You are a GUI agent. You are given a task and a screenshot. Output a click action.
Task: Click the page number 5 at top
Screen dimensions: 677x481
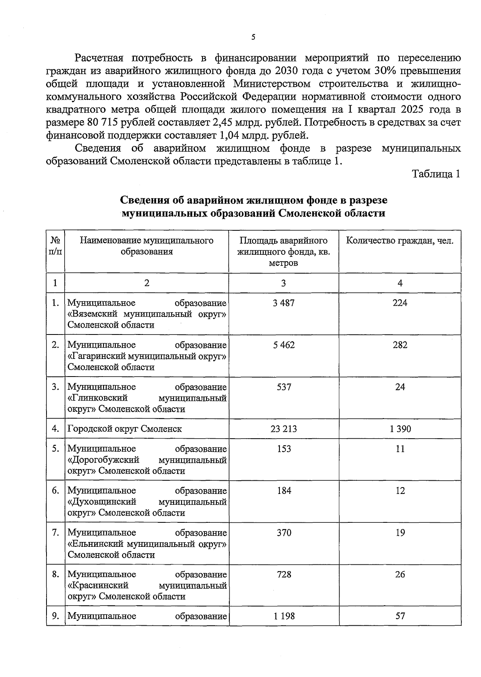pos(253,37)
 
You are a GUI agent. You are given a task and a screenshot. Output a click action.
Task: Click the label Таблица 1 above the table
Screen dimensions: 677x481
pos(436,174)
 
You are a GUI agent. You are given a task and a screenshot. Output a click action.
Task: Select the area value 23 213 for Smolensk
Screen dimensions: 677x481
pos(283,429)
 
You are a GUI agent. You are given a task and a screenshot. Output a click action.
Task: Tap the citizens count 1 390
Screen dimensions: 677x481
pos(400,429)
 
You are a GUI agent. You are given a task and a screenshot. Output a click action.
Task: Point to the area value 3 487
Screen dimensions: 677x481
pos(283,303)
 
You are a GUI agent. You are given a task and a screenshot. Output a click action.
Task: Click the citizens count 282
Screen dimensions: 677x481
pos(400,345)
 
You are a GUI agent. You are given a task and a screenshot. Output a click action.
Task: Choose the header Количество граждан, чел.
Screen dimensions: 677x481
pos(400,241)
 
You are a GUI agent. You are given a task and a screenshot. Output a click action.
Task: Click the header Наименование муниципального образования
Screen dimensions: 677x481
pos(147,246)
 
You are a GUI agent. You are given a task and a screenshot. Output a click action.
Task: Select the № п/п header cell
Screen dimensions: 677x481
pos(55,246)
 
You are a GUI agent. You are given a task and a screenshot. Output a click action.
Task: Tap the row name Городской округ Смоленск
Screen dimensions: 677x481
pos(125,429)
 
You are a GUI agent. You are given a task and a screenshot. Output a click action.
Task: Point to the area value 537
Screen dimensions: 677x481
pos(284,387)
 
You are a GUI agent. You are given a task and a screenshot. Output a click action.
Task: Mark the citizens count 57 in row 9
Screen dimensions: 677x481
pos(400,616)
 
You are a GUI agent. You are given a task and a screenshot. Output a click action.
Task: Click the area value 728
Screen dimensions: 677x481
pos(284,574)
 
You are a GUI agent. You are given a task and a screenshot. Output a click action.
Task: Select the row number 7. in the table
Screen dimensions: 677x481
pos(55,533)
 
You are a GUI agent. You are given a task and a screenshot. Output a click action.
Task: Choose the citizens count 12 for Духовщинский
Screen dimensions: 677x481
pos(400,491)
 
